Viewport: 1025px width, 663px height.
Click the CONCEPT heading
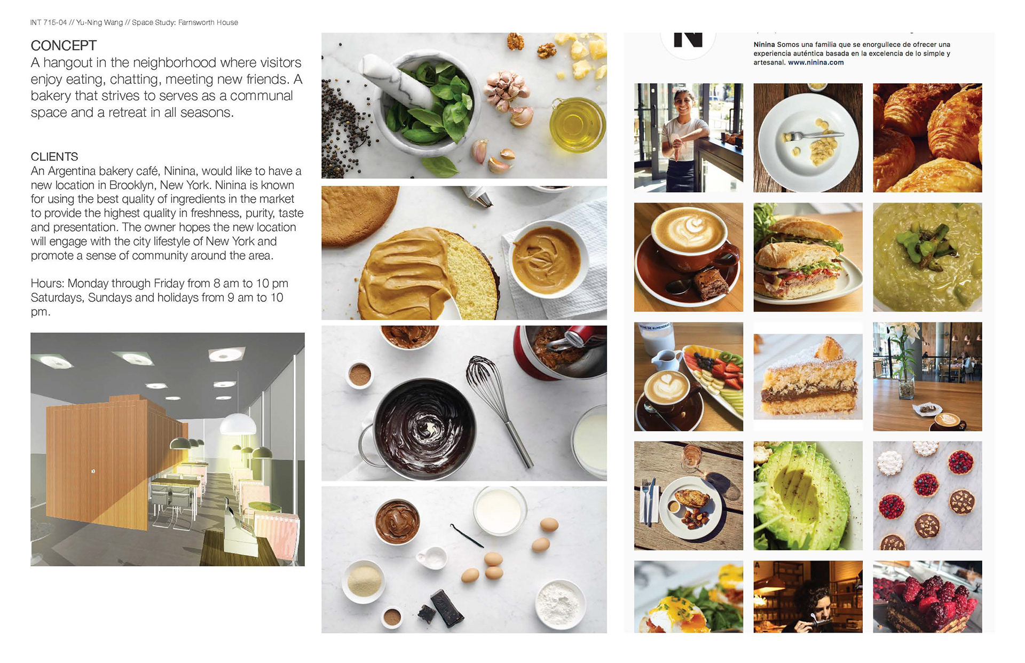tap(64, 45)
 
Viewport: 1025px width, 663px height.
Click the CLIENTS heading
tap(54, 156)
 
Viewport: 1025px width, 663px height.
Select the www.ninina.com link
tap(816, 62)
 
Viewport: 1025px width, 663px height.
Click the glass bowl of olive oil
tap(578, 124)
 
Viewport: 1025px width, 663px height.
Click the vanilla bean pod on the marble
tap(467, 535)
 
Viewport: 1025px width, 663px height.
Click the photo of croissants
tap(927, 138)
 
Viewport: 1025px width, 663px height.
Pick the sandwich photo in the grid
tap(808, 257)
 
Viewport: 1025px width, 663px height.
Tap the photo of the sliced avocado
tap(808, 496)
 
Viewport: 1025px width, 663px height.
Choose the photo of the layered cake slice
tap(808, 377)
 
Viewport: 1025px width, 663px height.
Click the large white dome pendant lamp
tap(238, 424)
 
